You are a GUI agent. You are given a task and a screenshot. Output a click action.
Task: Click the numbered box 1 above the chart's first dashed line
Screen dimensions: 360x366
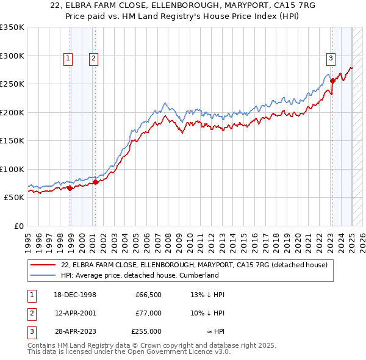pos(67,59)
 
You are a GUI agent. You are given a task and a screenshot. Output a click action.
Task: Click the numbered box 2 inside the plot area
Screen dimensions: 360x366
pos(93,59)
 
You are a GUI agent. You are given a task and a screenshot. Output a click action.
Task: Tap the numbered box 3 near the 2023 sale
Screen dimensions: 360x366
pos(330,59)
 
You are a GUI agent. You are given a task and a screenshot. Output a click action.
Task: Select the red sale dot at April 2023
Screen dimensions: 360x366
pos(332,81)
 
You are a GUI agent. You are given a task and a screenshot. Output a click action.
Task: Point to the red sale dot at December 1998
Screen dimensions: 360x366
pos(70,188)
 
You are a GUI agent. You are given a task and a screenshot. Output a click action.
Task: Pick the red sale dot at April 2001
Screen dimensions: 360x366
pos(95,182)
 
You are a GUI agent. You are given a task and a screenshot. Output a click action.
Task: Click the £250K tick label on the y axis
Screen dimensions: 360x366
pos(12,84)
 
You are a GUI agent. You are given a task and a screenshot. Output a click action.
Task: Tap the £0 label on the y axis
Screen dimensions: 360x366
pos(18,226)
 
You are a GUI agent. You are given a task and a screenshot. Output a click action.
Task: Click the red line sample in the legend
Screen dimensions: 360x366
pos(43,265)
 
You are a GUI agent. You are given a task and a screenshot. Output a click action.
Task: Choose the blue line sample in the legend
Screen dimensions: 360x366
pos(43,275)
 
